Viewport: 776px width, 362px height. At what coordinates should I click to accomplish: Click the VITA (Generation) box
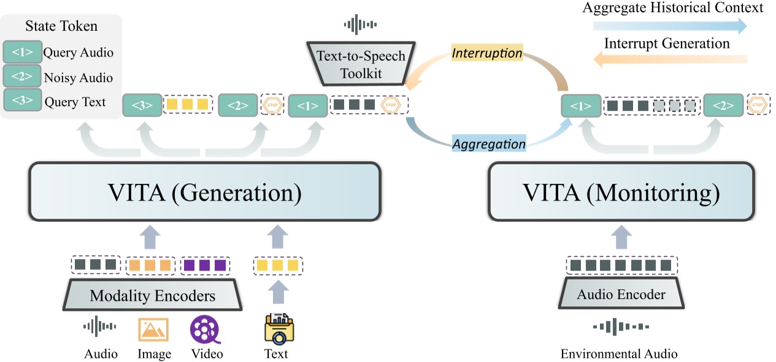coord(204,191)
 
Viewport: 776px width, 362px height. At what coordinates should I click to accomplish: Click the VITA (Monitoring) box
coord(621,191)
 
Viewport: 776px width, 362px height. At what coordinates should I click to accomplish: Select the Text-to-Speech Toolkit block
coord(361,64)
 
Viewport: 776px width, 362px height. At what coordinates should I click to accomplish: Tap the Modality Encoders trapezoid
coord(153,296)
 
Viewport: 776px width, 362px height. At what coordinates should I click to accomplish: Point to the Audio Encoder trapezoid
coord(621,295)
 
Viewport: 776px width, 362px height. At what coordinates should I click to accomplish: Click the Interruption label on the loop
coord(487,53)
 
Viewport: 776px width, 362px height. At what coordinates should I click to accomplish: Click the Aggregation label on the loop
coord(489,144)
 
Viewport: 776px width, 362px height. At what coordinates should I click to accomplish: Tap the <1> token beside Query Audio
coord(22,53)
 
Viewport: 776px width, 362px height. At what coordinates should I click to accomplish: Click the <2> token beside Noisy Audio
coord(22,77)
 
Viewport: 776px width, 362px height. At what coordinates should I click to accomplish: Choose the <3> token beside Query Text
coord(22,101)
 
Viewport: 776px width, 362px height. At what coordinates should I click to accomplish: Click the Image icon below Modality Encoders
coord(153,330)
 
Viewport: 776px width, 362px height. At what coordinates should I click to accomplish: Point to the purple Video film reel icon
coord(205,330)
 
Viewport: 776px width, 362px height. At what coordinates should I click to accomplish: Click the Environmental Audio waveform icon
coord(620,327)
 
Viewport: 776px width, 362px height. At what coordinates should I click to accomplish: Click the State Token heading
coord(61,26)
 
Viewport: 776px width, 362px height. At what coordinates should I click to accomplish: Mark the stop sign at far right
coord(758,105)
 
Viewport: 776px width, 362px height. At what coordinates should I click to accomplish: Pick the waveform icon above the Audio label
coord(100,328)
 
